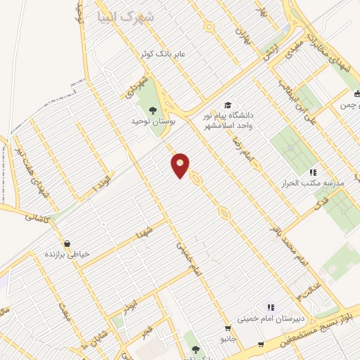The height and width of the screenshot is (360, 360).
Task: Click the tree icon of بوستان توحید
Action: click(153, 109)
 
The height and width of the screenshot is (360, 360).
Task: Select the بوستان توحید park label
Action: click(153, 121)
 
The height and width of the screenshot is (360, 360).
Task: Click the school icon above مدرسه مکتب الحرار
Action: click(313, 172)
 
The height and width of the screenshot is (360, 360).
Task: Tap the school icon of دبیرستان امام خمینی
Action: click(270, 307)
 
